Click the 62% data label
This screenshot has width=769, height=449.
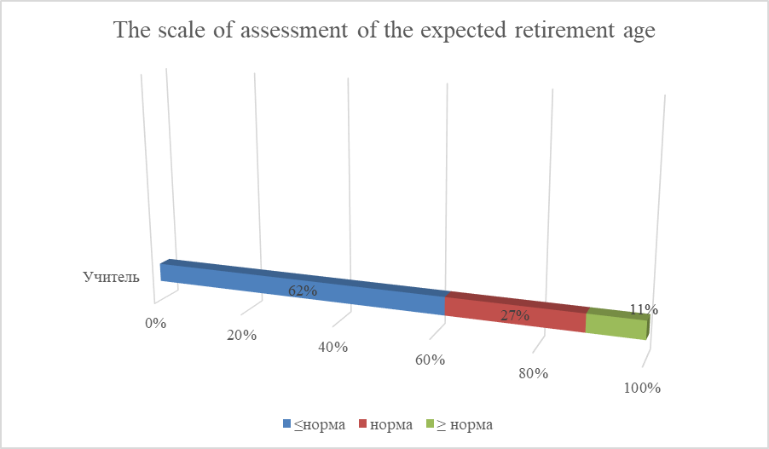(303, 291)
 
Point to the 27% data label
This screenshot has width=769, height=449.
(515, 316)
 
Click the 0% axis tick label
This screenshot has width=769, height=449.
(155, 323)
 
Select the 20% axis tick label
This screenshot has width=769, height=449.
(242, 336)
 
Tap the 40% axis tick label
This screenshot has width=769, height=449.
(332, 347)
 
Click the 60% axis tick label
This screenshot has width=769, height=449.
(431, 360)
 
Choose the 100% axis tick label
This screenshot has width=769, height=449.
(642, 388)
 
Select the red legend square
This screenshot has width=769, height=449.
(362, 423)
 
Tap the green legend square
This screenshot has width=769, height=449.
(430, 423)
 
